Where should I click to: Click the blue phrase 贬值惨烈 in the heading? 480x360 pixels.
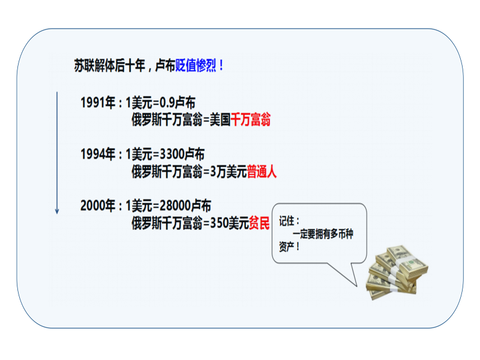pyautogui.click(x=196, y=65)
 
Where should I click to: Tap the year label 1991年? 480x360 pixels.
pyautogui.click(x=98, y=103)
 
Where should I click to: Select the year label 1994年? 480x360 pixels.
pyautogui.click(x=98, y=154)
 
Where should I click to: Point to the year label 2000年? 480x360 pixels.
pyautogui.click(x=98, y=205)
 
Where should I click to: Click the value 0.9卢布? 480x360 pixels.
pyautogui.click(x=178, y=103)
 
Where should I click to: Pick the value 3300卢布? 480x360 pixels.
pyautogui.click(x=182, y=154)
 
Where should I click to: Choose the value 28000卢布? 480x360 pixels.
pyautogui.click(x=185, y=205)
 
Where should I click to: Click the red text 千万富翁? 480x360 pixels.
pyautogui.click(x=251, y=119)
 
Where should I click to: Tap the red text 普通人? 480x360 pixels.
pyautogui.click(x=262, y=171)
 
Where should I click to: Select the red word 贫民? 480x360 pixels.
pyautogui.click(x=259, y=223)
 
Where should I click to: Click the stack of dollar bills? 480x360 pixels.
pyautogui.click(x=397, y=272)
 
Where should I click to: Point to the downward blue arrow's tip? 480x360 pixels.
pyautogui.click(x=57, y=214)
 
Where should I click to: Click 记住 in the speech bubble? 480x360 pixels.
pyautogui.click(x=287, y=221)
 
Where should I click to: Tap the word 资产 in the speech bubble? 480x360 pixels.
pyautogui.click(x=287, y=247)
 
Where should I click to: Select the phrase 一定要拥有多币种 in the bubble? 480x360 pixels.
pyautogui.click(x=323, y=234)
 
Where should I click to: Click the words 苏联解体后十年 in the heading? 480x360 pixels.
pyautogui.click(x=110, y=65)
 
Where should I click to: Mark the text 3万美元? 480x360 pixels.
pyautogui.click(x=229, y=171)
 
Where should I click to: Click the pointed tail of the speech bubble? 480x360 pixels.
pyautogui.click(x=356, y=286)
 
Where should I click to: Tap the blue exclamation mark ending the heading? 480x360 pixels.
pyautogui.click(x=221, y=65)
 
